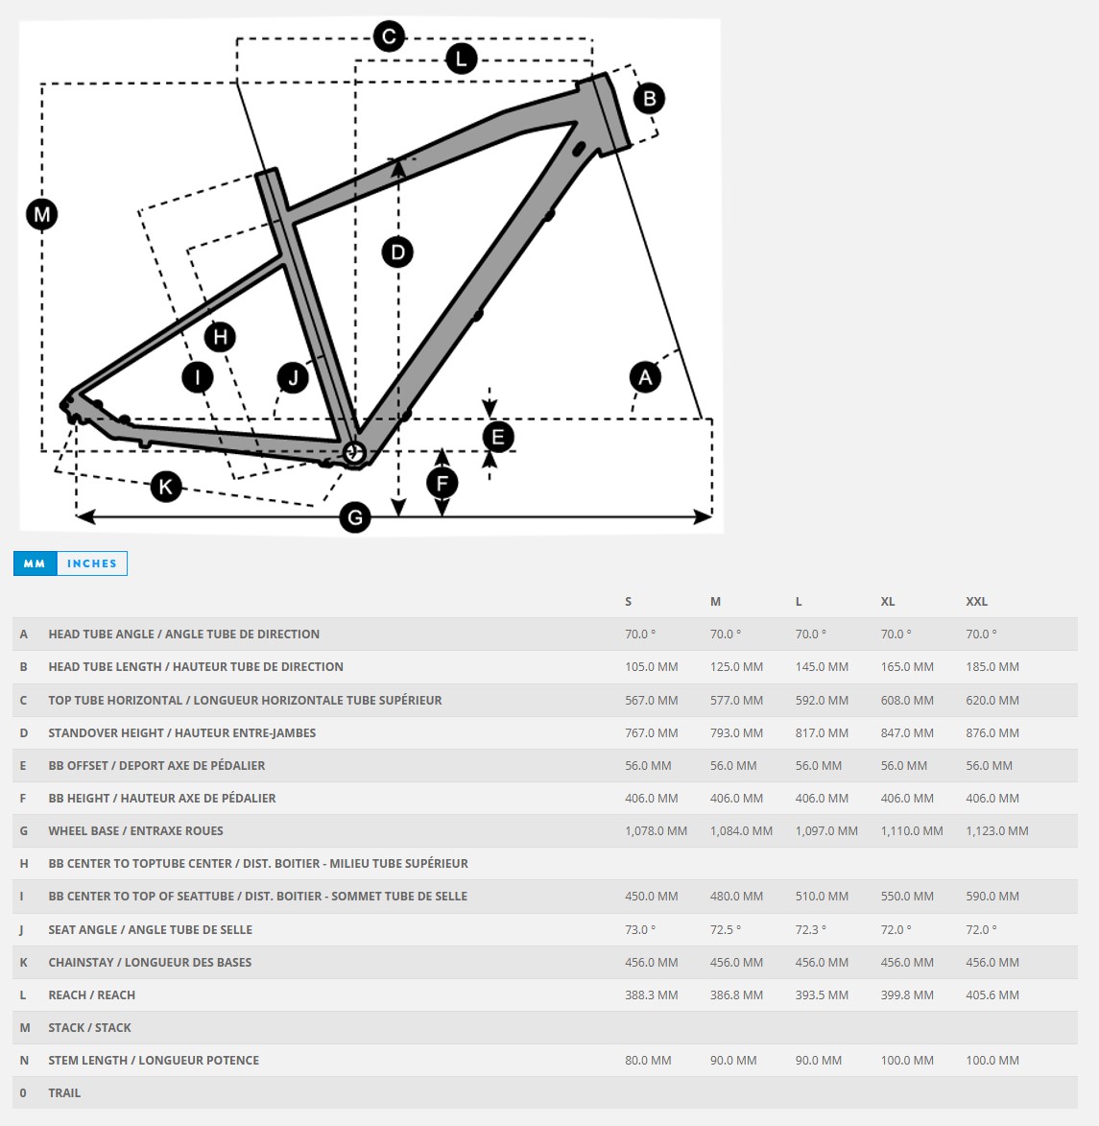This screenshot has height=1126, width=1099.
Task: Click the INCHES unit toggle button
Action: [92, 563]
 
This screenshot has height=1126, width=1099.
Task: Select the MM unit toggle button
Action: [35, 563]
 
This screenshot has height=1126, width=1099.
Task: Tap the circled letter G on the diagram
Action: [355, 518]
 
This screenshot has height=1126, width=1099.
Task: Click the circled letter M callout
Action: [41, 214]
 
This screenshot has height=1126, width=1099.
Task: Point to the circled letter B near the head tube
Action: [649, 98]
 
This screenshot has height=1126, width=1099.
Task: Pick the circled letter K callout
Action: [166, 487]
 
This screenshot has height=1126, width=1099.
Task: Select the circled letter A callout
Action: [645, 376]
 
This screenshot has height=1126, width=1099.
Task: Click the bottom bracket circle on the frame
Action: [354, 453]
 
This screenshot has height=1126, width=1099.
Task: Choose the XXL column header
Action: [976, 602]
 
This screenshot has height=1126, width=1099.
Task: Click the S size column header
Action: [629, 602]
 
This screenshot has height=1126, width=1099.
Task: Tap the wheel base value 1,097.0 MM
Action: [826, 831]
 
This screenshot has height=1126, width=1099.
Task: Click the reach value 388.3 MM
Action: [652, 995]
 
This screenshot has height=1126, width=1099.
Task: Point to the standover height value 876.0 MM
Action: [992, 733]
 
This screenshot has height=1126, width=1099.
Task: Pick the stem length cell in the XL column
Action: [907, 1061]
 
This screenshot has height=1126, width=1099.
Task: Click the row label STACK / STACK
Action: [90, 1028]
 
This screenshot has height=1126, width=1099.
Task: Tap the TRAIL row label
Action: [64, 1093]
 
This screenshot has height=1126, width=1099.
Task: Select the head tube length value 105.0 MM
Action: [652, 667]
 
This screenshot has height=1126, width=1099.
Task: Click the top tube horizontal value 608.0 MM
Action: [907, 701]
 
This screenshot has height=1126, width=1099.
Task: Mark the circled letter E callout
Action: [497, 438]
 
